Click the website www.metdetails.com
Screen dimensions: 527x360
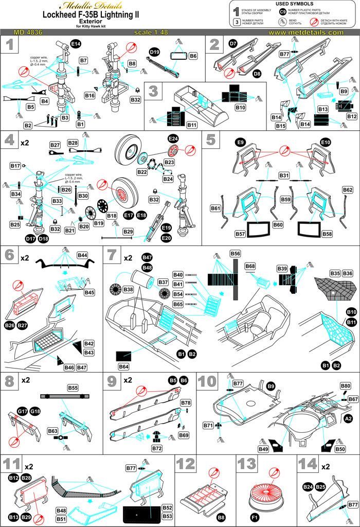pyautogui.click(x=305, y=32)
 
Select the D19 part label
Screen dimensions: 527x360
pyautogui.click(x=155, y=52)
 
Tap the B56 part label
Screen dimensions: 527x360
pyautogui.click(x=236, y=254)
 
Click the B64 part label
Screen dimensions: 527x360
pyautogui.click(x=123, y=367)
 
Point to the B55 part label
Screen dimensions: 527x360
pyautogui.click(x=73, y=388)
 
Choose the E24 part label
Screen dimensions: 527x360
pyautogui.click(x=172, y=138)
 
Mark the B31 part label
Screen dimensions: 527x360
pyautogui.click(x=284, y=175)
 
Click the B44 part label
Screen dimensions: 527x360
pyautogui.click(x=82, y=255)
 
